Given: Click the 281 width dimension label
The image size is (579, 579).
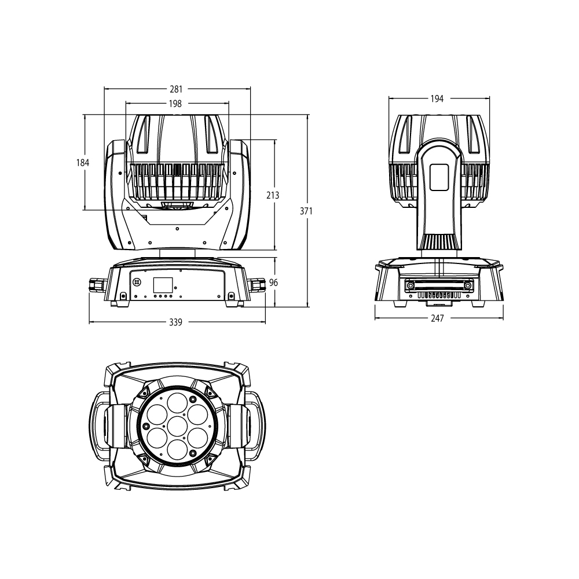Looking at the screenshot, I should point(176,89).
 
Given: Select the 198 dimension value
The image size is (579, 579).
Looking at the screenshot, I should point(176,104).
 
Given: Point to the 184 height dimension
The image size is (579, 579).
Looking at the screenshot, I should point(83,163).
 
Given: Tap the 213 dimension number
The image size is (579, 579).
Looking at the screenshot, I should point(272,196).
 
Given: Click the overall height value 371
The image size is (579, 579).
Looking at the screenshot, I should point(306,211).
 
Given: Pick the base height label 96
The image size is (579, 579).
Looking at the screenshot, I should point(274,283).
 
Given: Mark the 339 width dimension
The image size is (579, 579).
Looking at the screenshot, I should point(176,322).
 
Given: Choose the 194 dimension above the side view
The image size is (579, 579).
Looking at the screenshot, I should point(437,99).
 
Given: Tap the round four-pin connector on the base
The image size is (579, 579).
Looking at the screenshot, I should point(138,282).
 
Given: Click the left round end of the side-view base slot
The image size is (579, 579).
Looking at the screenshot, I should point(411,285).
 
